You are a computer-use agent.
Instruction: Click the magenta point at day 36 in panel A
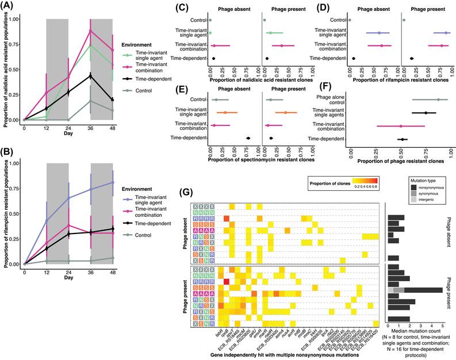tap(90, 30)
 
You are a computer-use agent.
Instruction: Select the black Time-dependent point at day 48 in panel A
tap(112, 99)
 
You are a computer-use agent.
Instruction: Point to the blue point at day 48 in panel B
tap(112, 182)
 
